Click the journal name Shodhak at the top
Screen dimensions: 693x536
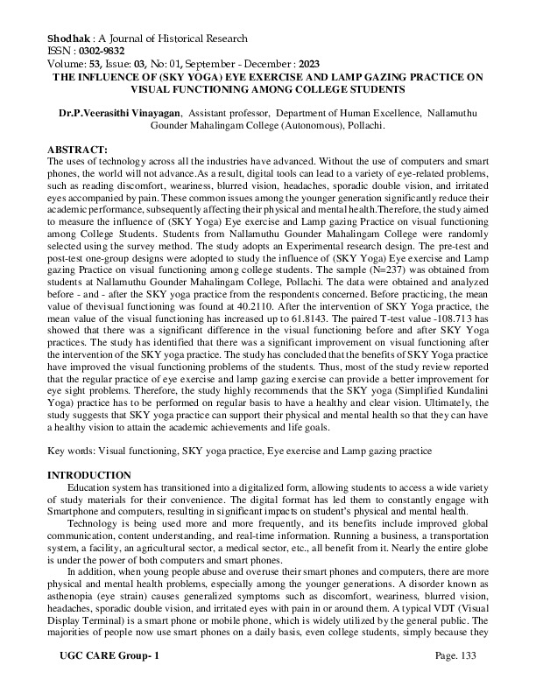(67, 38)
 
